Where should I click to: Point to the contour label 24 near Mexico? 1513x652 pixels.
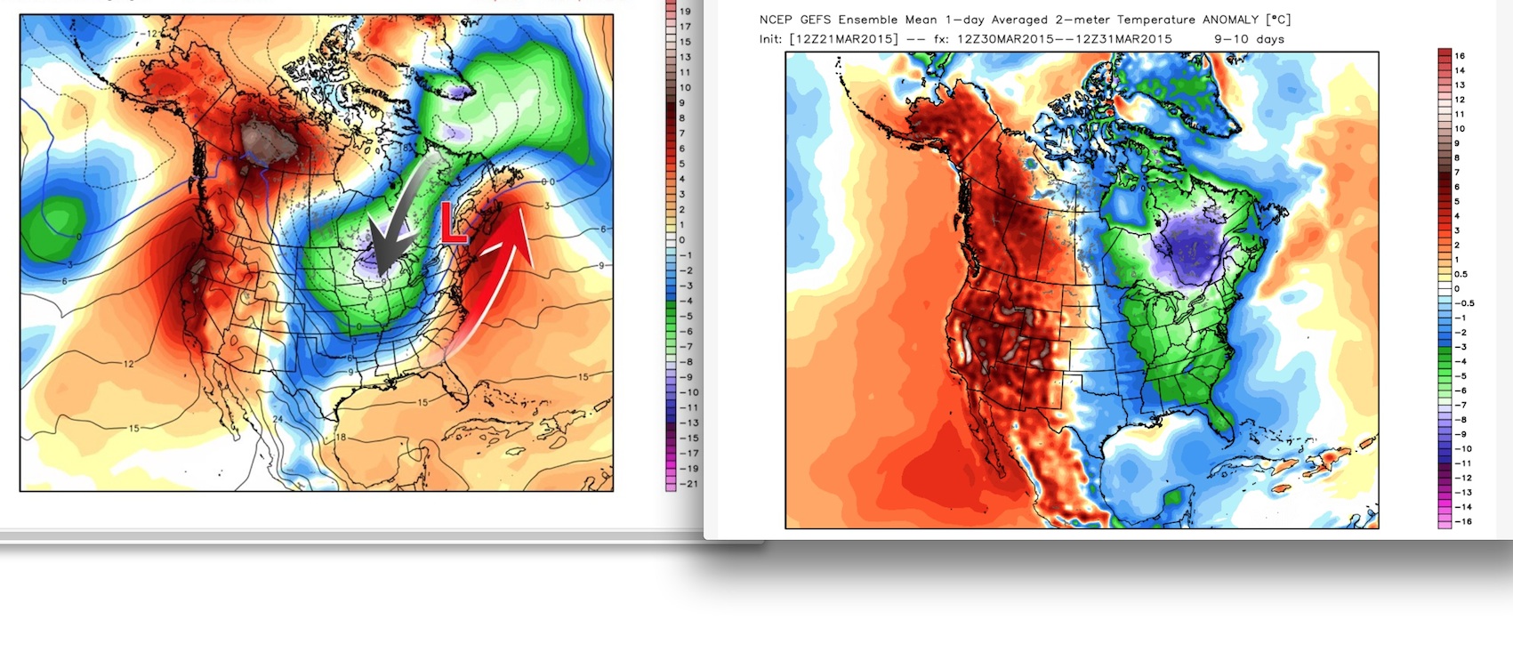278,419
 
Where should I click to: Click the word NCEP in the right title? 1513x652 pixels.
775,20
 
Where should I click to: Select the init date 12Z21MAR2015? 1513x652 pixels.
843,39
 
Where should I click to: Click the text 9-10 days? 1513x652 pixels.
1249,39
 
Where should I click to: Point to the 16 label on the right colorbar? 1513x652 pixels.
1460,56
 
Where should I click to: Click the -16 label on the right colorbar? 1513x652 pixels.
1462,521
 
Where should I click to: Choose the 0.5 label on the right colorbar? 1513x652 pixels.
1461,274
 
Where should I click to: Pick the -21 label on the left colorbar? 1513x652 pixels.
688,484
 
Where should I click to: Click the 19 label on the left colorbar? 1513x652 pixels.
685,12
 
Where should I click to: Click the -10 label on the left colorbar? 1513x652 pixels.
688,392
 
